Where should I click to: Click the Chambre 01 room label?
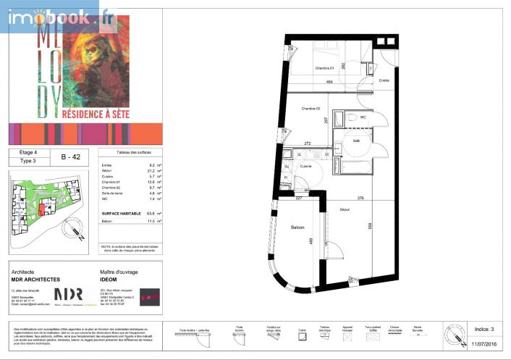tap(324, 69)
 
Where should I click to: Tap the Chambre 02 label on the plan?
tap(311, 108)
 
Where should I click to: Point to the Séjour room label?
tap(345, 209)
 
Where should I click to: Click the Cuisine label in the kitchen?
tap(306, 167)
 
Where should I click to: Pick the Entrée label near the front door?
tap(384, 80)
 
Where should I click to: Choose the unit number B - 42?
tap(70, 156)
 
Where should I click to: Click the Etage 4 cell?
tap(29, 153)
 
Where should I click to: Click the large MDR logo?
tap(69, 294)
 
